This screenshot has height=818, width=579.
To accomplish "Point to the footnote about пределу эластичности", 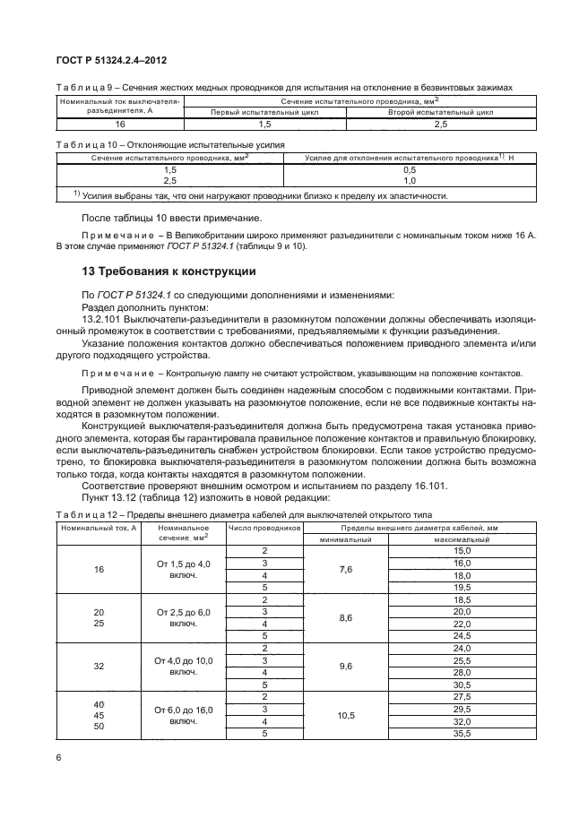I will pyautogui.click(x=260, y=195).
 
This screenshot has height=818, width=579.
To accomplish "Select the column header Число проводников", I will pyautogui.click(x=265, y=529).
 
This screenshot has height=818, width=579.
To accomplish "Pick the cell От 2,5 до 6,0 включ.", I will pyautogui.click(x=183, y=617).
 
